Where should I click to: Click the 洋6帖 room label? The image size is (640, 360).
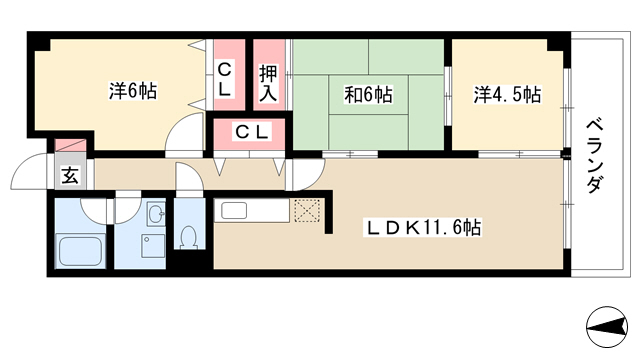tap(133, 91)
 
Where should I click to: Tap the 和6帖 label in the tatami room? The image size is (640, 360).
tap(368, 95)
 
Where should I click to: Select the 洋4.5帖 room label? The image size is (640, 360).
tap(507, 95)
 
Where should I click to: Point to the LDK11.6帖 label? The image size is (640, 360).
tap(423, 227)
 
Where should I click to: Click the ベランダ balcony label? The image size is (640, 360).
tap(594, 156)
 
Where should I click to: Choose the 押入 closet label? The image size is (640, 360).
tap(268, 83)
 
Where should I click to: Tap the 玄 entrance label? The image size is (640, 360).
tap(70, 175)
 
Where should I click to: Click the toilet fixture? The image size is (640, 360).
tap(189, 237)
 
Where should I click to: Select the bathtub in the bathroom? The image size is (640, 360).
tap(80, 250)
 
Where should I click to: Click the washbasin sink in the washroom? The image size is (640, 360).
tap(156, 213)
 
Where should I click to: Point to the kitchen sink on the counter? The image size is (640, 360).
tap(234, 211)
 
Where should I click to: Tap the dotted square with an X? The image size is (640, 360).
tap(307, 211)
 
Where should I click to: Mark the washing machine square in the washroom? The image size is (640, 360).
tap(153, 246)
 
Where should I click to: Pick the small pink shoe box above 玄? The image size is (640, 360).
tap(70, 145)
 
